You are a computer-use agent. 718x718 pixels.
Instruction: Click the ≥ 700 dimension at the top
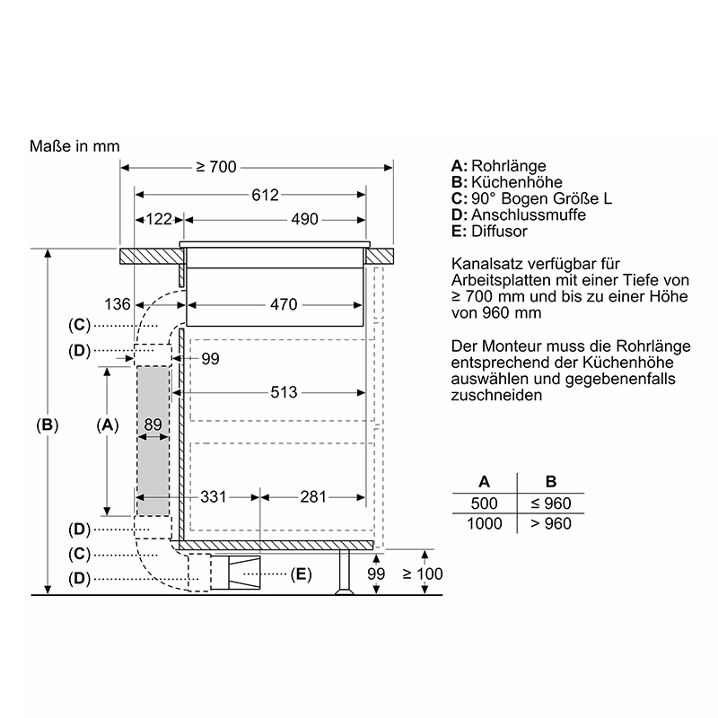pyautogui.click(x=216, y=167)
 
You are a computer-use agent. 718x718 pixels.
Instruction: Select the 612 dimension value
pyautogui.click(x=265, y=195)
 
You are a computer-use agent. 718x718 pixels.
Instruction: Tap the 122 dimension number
pyautogui.click(x=159, y=219)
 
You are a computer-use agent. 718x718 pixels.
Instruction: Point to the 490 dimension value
pyautogui.click(x=304, y=219)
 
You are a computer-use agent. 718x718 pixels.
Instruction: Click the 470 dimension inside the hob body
pyautogui.click(x=284, y=304)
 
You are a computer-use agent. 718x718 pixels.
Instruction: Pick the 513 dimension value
pyautogui.click(x=284, y=392)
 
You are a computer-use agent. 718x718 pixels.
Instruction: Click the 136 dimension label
pyautogui.click(x=118, y=304)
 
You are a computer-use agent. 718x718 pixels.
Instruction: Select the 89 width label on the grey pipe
pyautogui.click(x=153, y=425)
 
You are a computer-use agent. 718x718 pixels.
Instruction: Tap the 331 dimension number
pyautogui.click(x=214, y=497)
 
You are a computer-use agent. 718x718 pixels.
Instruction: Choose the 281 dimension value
pyautogui.click(x=313, y=497)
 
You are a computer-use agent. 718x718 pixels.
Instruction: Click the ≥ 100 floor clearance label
pyautogui.click(x=423, y=574)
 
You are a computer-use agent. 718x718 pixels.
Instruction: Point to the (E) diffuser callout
pyautogui.click(x=301, y=574)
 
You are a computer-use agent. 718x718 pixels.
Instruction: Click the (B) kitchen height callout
pyautogui.click(x=48, y=425)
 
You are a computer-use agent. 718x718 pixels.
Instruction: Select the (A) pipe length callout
pyautogui.click(x=108, y=425)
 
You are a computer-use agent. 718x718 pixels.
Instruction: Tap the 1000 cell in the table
pyautogui.click(x=485, y=523)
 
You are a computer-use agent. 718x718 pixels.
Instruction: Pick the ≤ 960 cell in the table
pyautogui.click(x=551, y=503)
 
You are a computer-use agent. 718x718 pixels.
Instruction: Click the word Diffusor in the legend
pyautogui.click(x=499, y=232)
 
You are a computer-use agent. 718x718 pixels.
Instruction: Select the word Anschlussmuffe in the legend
pyautogui.click(x=529, y=215)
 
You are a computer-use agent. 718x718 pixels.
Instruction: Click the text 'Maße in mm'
pyautogui.click(x=74, y=146)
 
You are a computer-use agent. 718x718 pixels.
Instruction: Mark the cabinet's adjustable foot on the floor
pyautogui.click(x=345, y=572)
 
